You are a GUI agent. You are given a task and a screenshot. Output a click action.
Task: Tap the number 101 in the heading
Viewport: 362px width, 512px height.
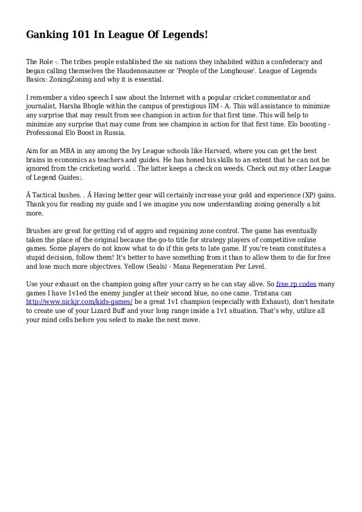[x=83, y=36]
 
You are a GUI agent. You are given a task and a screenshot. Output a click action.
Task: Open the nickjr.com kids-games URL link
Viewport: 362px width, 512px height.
[x=79, y=302]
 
